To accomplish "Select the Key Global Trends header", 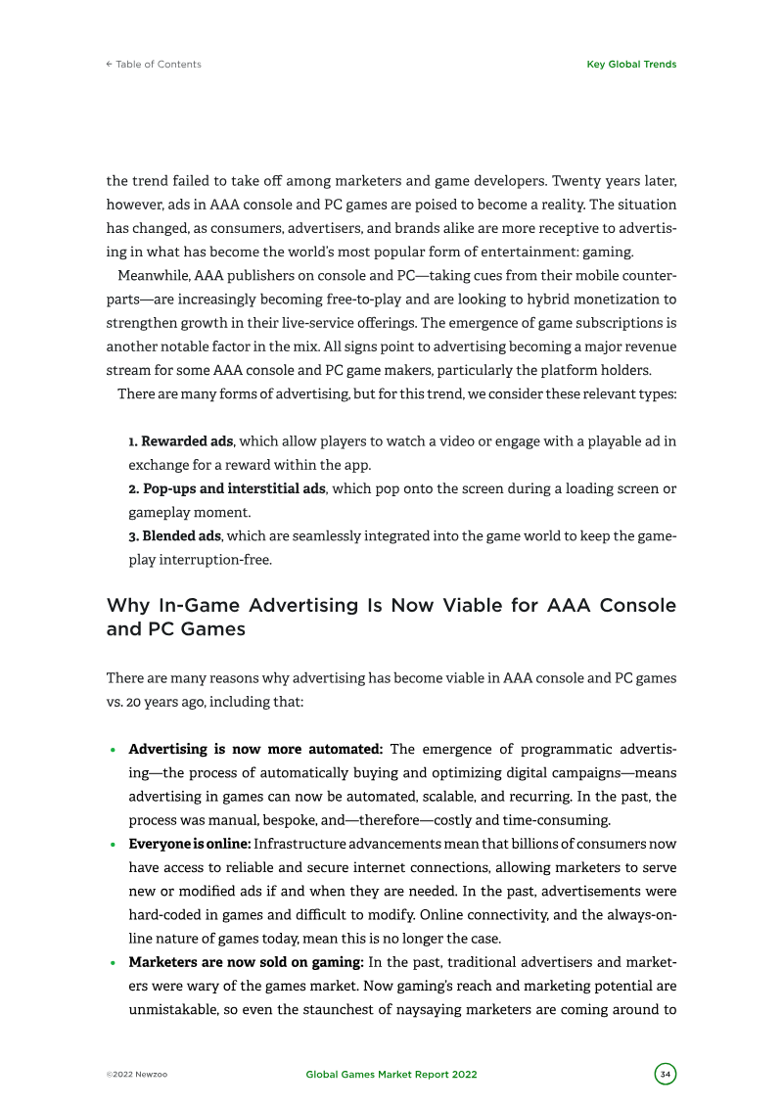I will pos(630,65).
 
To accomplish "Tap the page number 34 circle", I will pos(666,1074).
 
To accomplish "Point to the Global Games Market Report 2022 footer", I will pos(391,1075).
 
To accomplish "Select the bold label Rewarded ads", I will pos(186,441).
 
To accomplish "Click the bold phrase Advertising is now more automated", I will pos(255,750).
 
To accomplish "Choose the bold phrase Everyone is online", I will pos(190,844).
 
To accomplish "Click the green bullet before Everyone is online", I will pos(114,845).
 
